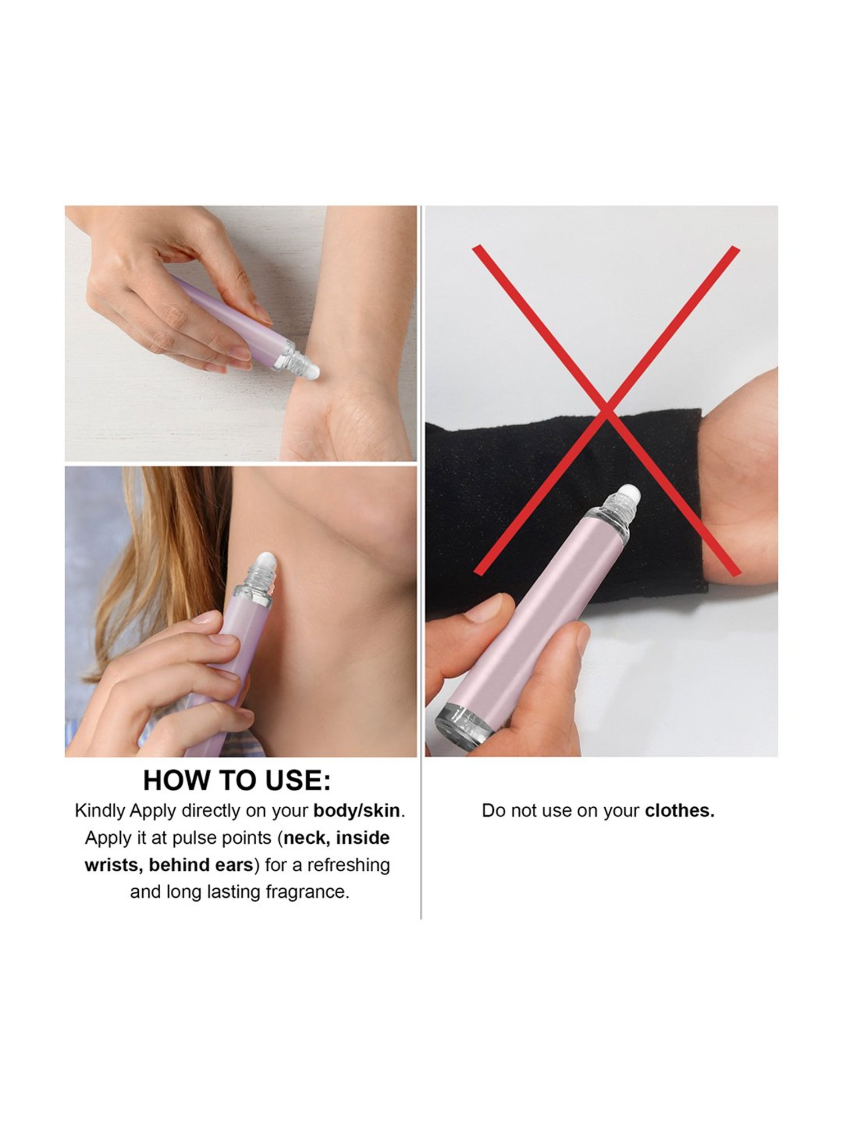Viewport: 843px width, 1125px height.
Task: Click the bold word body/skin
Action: coord(357,811)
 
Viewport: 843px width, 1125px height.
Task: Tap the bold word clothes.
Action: coord(679,811)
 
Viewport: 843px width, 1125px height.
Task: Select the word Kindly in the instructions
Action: coord(99,811)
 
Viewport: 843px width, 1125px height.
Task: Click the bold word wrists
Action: coord(113,865)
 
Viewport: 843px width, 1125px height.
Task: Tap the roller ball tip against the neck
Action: coord(264,562)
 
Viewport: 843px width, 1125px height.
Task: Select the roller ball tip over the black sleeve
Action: coord(631,495)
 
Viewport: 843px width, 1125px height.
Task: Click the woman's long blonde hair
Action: coord(169,562)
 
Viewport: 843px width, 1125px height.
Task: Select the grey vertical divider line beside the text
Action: coord(421,844)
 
